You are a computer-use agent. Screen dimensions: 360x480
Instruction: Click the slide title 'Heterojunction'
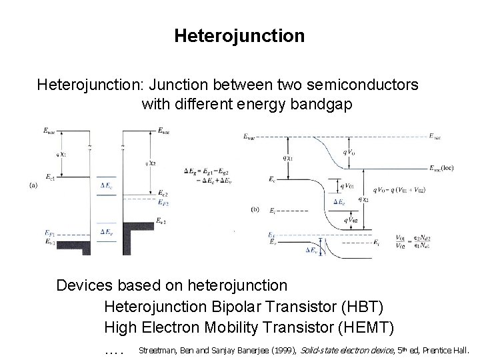pyautogui.click(x=239, y=35)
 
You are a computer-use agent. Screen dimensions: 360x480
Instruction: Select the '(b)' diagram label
pyautogui.click(x=255, y=209)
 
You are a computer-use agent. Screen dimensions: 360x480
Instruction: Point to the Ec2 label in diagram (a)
pyautogui.click(x=163, y=193)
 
